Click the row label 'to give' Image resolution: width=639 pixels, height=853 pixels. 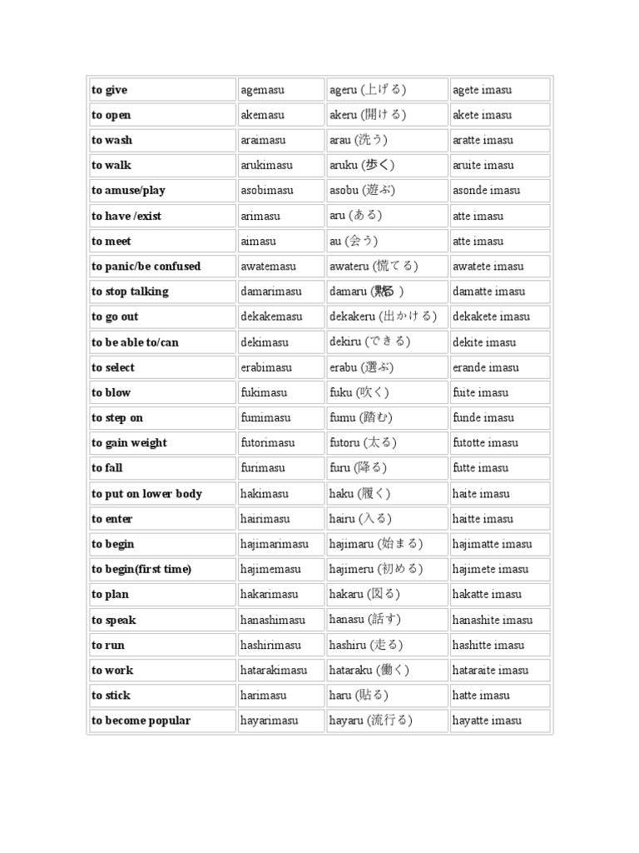(x=110, y=90)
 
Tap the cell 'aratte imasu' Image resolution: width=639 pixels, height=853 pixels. (x=483, y=140)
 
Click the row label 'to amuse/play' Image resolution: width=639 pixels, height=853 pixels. (x=129, y=191)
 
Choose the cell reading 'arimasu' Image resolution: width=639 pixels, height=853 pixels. (x=260, y=216)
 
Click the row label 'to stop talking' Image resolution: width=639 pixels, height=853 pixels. (x=131, y=292)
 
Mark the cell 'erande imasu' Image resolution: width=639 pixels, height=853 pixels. (x=486, y=367)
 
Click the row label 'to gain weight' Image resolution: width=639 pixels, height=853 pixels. (x=130, y=443)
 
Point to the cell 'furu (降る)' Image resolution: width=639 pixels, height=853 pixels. (x=358, y=468)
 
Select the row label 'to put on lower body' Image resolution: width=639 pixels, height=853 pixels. (x=147, y=494)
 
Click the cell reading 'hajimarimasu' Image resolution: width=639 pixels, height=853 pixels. (x=275, y=544)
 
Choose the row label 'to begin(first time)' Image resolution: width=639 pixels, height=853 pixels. (x=142, y=569)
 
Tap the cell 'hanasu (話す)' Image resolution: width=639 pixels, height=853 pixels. (x=365, y=620)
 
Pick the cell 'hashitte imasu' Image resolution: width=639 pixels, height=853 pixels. (x=488, y=645)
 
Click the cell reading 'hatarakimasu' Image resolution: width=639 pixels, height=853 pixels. (x=274, y=670)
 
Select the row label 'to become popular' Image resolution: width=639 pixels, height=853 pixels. (x=141, y=721)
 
